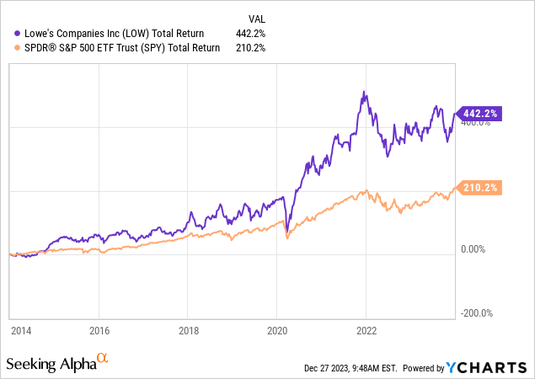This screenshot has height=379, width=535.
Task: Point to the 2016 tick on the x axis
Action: coord(100,331)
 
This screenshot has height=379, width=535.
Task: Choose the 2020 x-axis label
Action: coord(277,331)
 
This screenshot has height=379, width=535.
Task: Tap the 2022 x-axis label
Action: coord(366,331)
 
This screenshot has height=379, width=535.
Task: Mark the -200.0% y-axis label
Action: coord(478,312)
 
